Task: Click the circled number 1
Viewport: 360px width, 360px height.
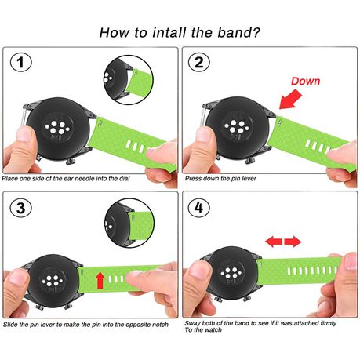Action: (x=21, y=62)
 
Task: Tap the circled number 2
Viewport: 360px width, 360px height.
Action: (x=199, y=62)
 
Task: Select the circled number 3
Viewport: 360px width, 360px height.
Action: (x=21, y=208)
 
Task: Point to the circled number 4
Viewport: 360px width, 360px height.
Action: (x=199, y=208)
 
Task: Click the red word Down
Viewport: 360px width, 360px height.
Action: (x=305, y=81)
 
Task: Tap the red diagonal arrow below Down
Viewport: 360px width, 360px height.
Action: (x=290, y=100)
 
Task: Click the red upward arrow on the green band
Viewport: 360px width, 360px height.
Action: (x=100, y=280)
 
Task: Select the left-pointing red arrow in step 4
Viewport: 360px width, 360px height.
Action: (x=274, y=242)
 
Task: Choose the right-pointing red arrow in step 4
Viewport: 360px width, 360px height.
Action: (x=293, y=242)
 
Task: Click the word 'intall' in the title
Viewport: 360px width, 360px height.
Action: (x=169, y=33)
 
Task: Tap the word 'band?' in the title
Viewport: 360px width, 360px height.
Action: (x=239, y=33)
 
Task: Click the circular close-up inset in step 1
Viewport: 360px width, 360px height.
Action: (x=129, y=80)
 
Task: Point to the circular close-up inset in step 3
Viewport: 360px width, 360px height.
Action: (x=129, y=223)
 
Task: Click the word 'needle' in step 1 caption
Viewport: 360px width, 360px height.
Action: (x=85, y=179)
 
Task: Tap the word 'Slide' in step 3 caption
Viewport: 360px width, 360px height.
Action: (x=10, y=325)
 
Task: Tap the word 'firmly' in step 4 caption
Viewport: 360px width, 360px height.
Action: (x=328, y=323)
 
